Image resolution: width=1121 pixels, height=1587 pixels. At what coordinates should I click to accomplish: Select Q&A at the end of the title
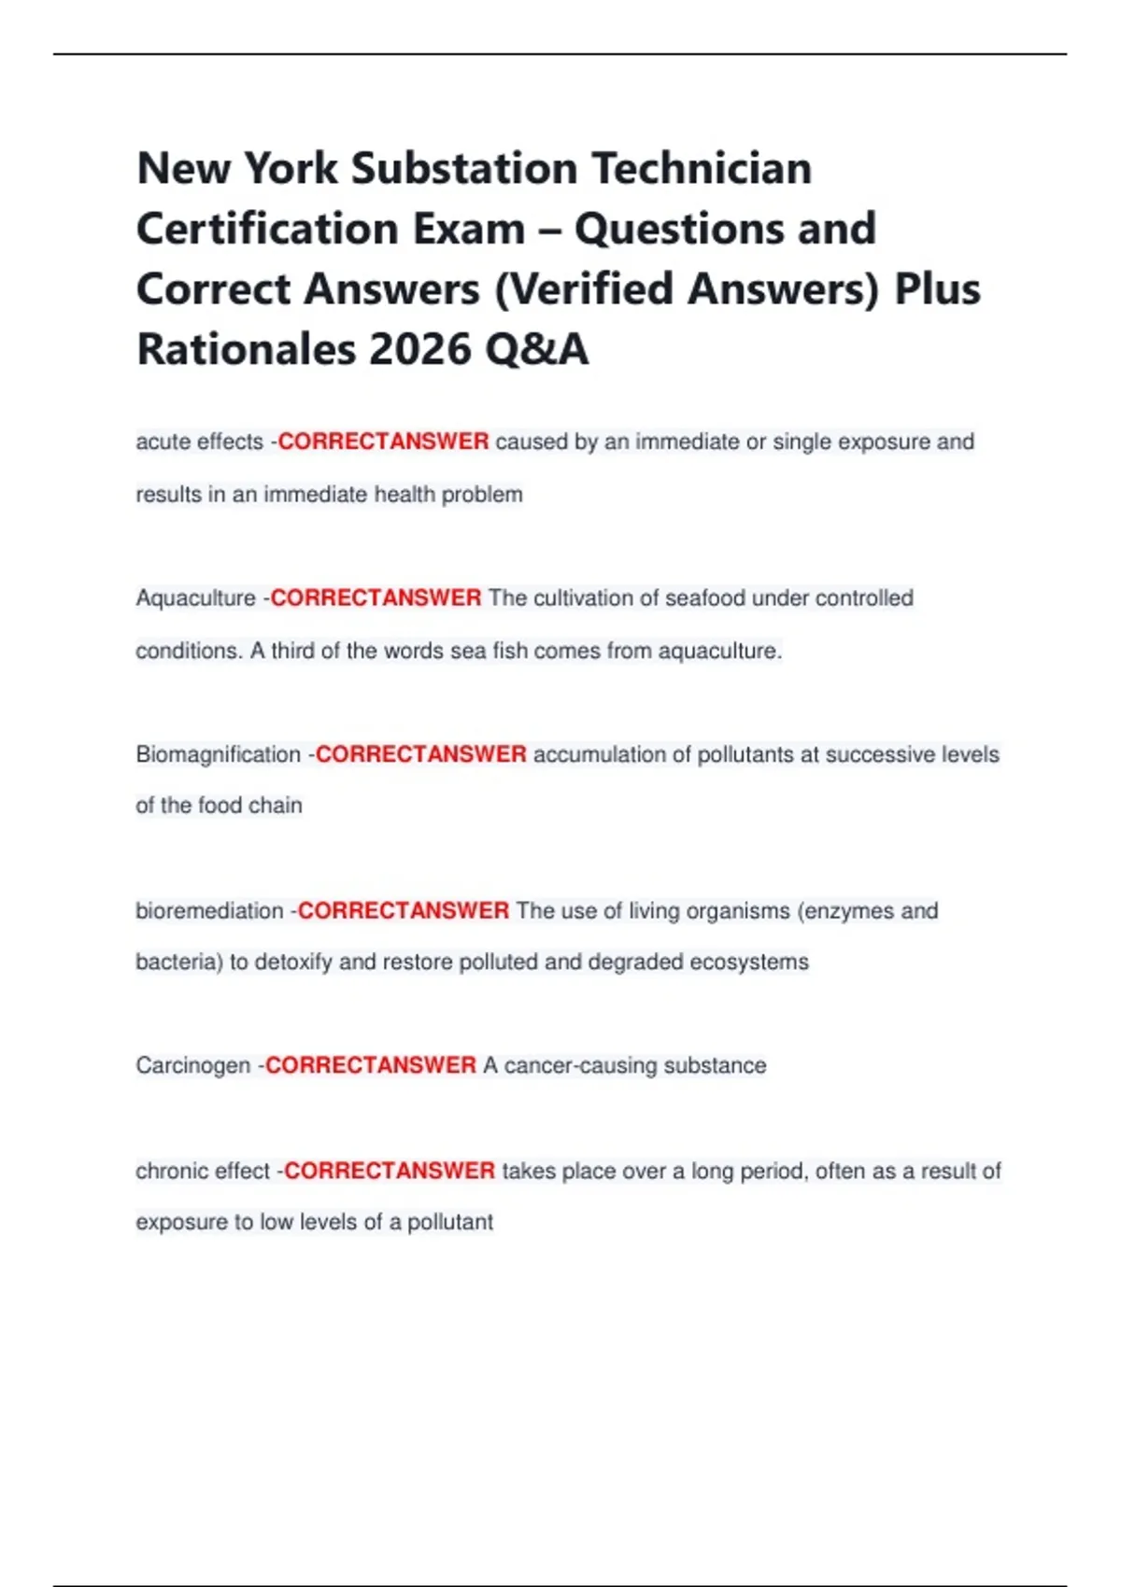(536, 350)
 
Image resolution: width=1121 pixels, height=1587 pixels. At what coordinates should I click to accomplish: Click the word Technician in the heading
(702, 169)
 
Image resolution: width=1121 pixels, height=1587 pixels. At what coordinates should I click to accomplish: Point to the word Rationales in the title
(247, 350)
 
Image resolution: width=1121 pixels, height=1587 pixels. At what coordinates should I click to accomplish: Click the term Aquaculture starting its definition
(195, 597)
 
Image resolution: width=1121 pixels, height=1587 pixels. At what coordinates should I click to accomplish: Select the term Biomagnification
(218, 754)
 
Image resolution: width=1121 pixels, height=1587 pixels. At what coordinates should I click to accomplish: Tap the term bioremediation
(209, 910)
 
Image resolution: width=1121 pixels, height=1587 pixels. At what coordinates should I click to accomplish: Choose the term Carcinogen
(193, 1065)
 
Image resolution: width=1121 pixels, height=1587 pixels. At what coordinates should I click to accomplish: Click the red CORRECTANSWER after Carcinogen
(371, 1065)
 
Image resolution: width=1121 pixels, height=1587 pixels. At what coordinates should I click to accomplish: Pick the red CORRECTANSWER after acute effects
(383, 442)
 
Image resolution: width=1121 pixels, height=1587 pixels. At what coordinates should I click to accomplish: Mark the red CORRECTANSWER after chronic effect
(390, 1171)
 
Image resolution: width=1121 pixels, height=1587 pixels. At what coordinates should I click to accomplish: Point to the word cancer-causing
(571, 1065)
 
